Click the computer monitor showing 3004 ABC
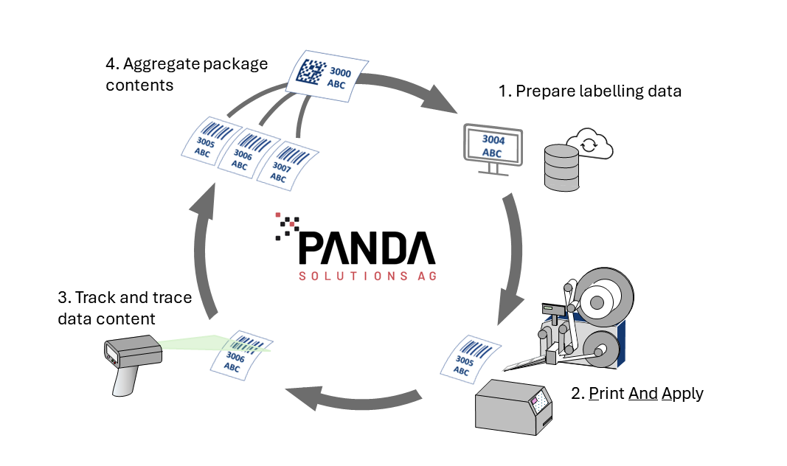coord(491,147)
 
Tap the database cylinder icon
coord(561,167)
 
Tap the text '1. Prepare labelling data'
coord(590,91)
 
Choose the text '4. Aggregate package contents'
coord(187,74)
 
